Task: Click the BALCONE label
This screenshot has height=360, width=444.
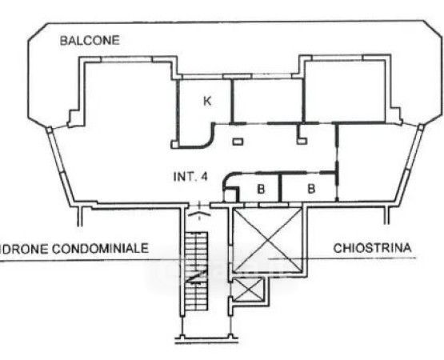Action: pyautogui.click(x=90, y=41)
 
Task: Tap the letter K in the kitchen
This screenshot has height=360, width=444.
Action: pyautogui.click(x=207, y=101)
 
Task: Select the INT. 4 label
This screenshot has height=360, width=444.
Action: pyautogui.click(x=190, y=177)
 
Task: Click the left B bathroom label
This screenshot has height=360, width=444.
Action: pyautogui.click(x=261, y=189)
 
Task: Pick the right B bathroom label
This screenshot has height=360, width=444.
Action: pyautogui.click(x=311, y=189)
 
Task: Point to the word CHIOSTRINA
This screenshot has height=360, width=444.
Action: pyautogui.click(x=372, y=248)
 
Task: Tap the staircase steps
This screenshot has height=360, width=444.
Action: pyautogui.click(x=196, y=271)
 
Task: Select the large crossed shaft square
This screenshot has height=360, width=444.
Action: pyautogui.click(x=267, y=239)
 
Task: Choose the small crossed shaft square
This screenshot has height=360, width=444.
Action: pyautogui.click(x=248, y=289)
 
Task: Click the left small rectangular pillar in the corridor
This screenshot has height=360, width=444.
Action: pyautogui.click(x=238, y=142)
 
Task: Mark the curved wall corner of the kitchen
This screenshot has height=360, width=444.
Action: pyautogui.click(x=209, y=139)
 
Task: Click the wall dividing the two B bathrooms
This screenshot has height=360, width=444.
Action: pyautogui.click(x=280, y=187)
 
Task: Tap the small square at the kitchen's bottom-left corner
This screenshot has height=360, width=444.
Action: pyautogui.click(x=174, y=144)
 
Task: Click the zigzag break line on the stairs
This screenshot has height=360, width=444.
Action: pyautogui.click(x=198, y=276)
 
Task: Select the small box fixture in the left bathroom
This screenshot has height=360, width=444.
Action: pyautogui.click(x=231, y=195)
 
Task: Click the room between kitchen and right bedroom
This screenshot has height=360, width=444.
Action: pyautogui.click(x=267, y=101)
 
